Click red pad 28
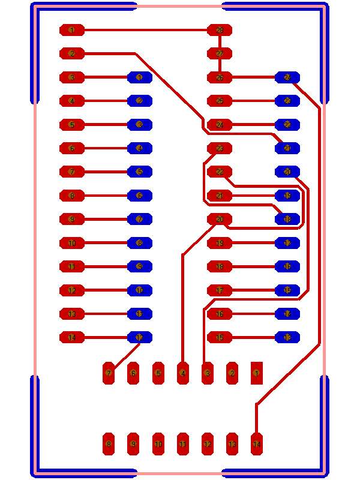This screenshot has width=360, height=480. click(220, 30)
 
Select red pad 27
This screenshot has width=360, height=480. click(220, 53)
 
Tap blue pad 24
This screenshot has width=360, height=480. click(287, 77)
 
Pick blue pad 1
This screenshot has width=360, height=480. click(140, 77)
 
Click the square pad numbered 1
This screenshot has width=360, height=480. click(256, 373)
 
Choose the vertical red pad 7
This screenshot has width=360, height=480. click(109, 373)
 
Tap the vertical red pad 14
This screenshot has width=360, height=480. click(256, 444)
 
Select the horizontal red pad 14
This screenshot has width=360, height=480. click(72, 337)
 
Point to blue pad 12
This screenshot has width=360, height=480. click(140, 337)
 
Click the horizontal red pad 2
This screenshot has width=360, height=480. click(72, 53)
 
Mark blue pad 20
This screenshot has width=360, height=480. click(287, 172)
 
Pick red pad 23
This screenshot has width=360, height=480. click(220, 148)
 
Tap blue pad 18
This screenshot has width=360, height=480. click(287, 219)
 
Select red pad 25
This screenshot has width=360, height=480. click(220, 101)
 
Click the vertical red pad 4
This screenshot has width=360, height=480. click(182, 373)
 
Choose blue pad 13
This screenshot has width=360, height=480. click(287, 337)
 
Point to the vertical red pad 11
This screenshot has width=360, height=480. click(182, 444)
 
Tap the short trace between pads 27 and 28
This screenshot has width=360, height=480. click(220, 42)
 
